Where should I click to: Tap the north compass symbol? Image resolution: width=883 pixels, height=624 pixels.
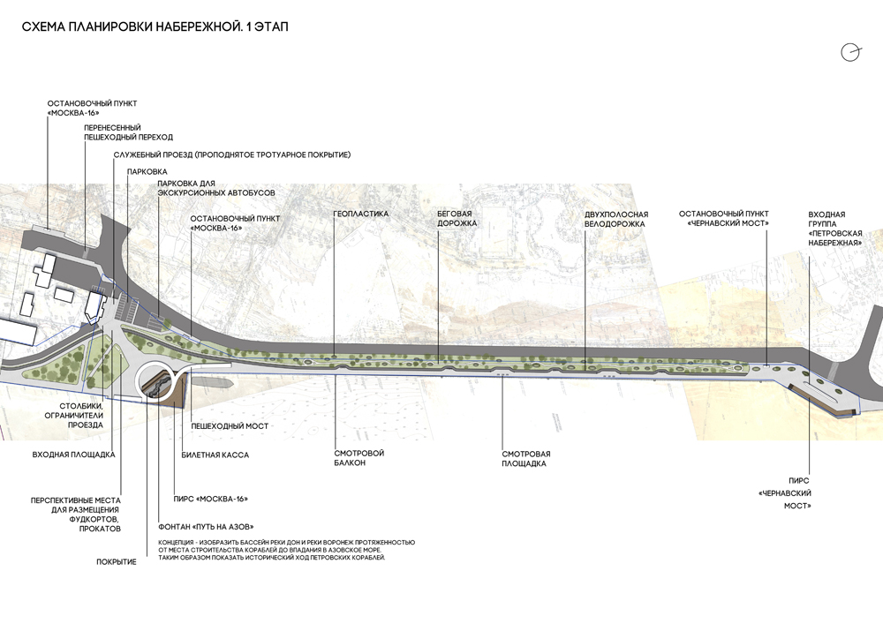point(850,52)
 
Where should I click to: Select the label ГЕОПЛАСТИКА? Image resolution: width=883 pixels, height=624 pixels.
point(360,214)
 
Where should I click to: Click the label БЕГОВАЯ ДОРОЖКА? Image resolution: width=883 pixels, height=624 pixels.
point(457,219)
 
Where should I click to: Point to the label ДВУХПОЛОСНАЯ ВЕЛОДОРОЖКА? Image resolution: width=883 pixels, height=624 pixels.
point(616,219)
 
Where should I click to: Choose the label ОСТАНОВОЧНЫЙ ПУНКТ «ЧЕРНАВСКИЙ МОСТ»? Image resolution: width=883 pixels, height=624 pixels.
point(724,219)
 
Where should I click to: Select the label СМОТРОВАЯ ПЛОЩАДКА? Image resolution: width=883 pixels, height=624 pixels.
point(525,458)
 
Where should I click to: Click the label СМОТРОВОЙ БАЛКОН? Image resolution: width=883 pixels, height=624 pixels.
point(358,458)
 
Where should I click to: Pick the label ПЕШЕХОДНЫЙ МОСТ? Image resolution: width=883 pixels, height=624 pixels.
point(230,426)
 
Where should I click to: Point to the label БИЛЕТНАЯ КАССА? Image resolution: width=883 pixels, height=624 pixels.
point(215,455)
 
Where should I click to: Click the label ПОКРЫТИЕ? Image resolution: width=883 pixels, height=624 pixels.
point(117,561)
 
